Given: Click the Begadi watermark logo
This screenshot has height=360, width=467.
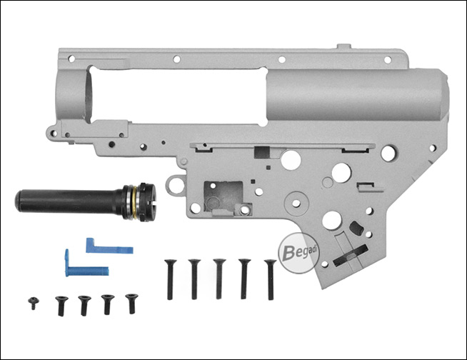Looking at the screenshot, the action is click(x=298, y=253).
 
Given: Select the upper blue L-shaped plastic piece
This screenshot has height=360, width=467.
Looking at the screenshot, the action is click(x=109, y=247).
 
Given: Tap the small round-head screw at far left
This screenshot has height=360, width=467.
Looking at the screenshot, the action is click(x=34, y=303).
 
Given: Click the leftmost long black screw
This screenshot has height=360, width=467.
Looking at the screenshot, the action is click(x=170, y=279).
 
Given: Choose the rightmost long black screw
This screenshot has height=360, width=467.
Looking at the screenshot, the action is click(x=271, y=279).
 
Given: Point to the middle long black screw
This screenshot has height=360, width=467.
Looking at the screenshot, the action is click(x=219, y=279).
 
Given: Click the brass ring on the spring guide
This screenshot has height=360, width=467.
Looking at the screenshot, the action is click(x=135, y=202).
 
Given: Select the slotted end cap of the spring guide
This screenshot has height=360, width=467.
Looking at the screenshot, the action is click(x=148, y=202).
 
